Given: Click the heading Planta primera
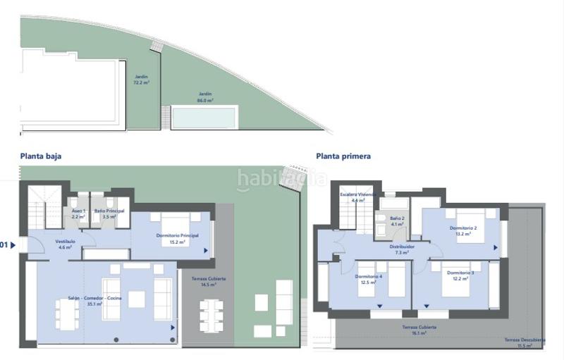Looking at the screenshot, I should click(x=343, y=156).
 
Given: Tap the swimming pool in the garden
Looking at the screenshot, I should click(x=204, y=117).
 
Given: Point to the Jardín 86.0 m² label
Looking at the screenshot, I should click(x=205, y=97).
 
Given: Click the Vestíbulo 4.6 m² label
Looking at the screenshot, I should click(x=66, y=244).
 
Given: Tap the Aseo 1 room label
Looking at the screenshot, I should click(x=78, y=213).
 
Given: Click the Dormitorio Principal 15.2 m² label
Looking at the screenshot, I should click(x=177, y=237).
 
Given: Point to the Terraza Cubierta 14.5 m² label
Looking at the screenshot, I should click(x=209, y=281).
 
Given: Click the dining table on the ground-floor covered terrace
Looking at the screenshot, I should click(x=211, y=315).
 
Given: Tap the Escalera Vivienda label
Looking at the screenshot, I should click(x=357, y=197).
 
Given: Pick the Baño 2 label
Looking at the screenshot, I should click(x=397, y=221).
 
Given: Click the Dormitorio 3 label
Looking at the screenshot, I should click(x=459, y=275).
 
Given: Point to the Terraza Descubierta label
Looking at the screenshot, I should click(x=525, y=342).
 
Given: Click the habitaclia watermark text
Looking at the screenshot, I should click(x=281, y=180).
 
